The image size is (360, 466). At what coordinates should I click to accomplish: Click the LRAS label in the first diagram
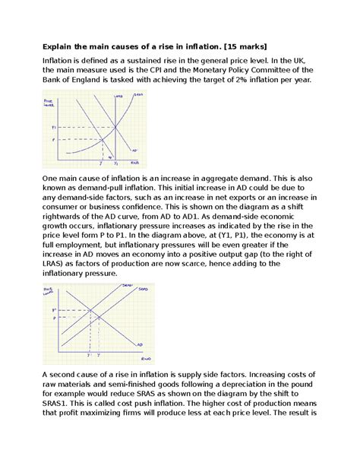pos(117,97)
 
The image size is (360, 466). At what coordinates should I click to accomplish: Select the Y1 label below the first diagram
pos(115,163)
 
